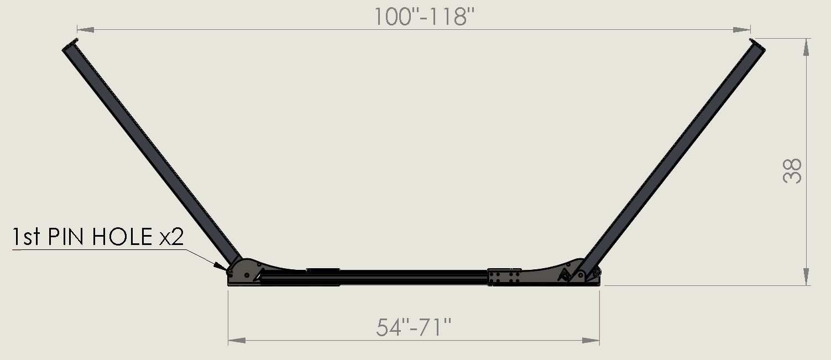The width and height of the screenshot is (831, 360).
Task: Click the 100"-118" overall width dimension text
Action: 425,17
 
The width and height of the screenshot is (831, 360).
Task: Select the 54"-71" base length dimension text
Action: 414,328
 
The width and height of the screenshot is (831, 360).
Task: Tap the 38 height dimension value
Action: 793,171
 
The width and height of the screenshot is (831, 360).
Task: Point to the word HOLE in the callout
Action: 123,238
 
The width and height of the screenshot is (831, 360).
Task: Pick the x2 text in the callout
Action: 171,238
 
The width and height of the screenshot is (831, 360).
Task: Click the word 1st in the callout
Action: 27,238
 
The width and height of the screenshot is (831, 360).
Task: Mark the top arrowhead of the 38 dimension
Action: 807,46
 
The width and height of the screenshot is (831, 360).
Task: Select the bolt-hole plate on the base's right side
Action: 504,277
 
